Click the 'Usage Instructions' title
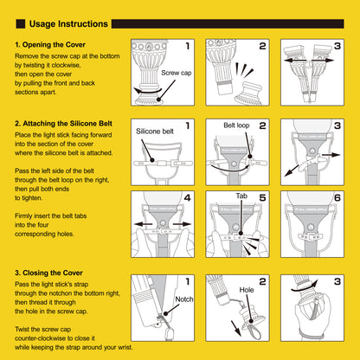pyautogui.click(x=68, y=24)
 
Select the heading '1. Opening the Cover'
pyautogui.click(x=50, y=45)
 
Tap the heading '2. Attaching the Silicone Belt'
pyautogui.click(x=63, y=124)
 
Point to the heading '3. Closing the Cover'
pyautogui.click(x=48, y=273)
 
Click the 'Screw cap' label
pyautogui.click(x=177, y=73)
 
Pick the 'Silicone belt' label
pyautogui.click(x=155, y=132)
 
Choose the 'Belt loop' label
pyautogui.click(x=236, y=125)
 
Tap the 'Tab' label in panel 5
pyautogui.click(x=241, y=196)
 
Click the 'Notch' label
pyautogui.click(x=184, y=299)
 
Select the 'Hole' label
pyautogui.click(x=247, y=290)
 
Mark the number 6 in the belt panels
pyautogui.click(x=337, y=197)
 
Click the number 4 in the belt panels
pyautogui.click(x=187, y=197)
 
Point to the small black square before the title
pyautogui.click(x=21, y=24)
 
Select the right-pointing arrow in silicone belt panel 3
pyautogui.click(x=331, y=155)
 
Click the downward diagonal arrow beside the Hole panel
pyautogui.click(x=236, y=328)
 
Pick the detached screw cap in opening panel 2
pyautogui.click(x=248, y=94)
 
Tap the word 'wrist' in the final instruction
pyautogui.click(x=125, y=347)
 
